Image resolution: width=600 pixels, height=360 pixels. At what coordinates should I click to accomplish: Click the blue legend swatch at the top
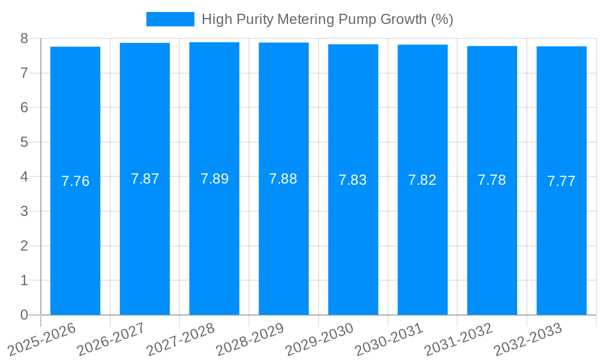[170, 19]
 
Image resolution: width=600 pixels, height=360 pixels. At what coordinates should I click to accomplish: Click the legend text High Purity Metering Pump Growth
[327, 19]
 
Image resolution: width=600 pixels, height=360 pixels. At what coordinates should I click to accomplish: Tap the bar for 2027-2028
[214, 240]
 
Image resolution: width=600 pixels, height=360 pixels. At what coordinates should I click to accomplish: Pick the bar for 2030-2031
[422, 240]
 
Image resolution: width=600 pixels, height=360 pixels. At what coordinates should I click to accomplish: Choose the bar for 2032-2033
[562, 240]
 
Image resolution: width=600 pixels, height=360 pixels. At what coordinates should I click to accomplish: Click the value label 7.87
[145, 179]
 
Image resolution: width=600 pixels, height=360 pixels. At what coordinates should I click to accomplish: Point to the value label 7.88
[283, 179]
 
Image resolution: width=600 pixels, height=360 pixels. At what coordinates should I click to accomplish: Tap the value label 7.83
[353, 180]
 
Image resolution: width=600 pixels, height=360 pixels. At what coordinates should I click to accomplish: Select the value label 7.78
[492, 180]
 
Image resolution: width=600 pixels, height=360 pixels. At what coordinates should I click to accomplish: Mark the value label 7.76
[76, 181]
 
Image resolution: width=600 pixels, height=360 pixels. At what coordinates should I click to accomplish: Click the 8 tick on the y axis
[24, 38]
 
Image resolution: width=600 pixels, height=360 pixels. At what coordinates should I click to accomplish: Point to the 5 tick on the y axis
[24, 142]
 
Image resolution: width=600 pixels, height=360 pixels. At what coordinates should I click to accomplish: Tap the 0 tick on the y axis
[24, 315]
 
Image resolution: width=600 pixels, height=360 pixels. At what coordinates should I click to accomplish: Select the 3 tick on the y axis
[24, 211]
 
